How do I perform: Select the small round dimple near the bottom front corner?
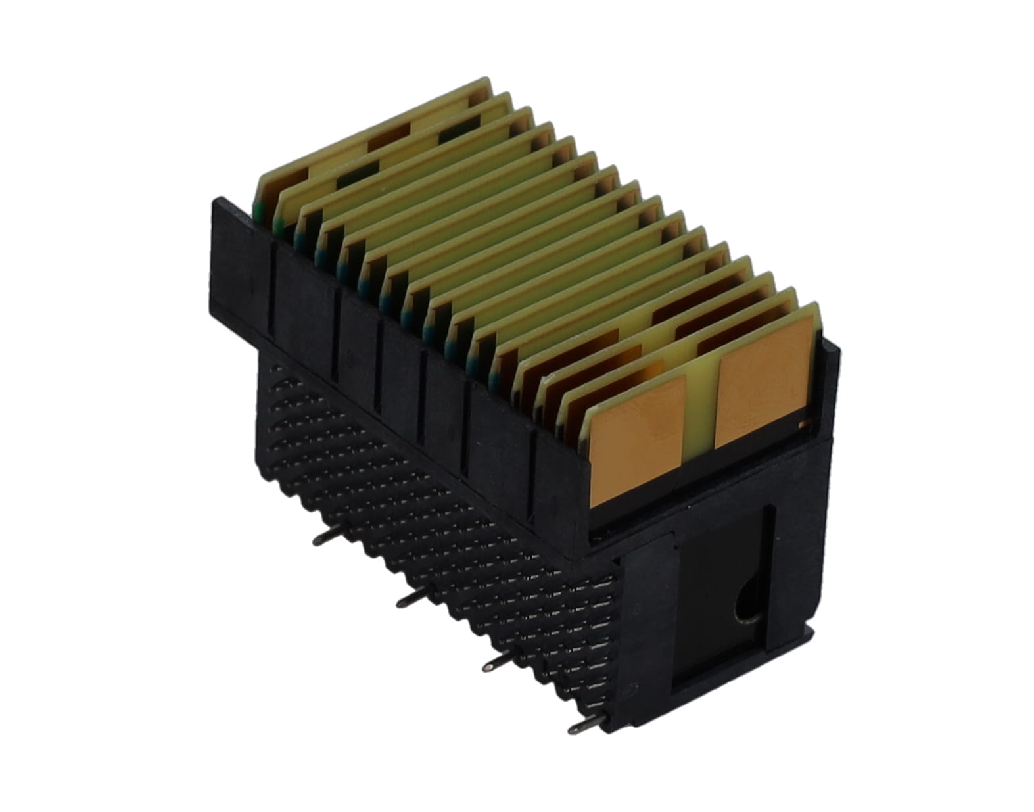click(632, 691)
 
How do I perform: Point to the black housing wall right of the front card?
click(830, 388)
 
